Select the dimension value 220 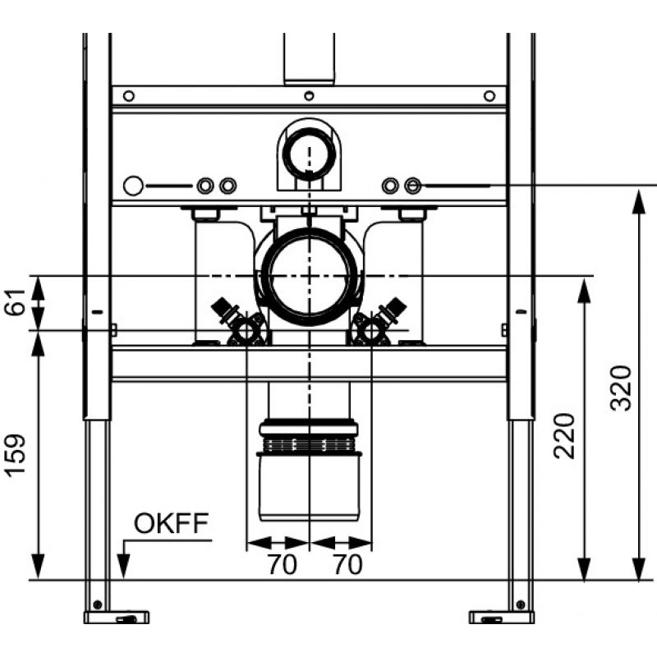(564, 436)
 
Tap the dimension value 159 (16, 457)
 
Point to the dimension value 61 (16, 302)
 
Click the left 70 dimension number (283, 564)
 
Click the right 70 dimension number (347, 564)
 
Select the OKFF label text (171, 523)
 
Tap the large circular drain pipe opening (310, 277)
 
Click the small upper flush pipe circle (309, 153)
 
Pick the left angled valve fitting (238, 322)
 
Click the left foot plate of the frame (117, 618)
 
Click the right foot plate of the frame (502, 618)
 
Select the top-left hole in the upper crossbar (129, 96)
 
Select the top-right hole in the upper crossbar (489, 96)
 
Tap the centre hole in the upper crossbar (309, 96)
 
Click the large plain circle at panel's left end (133, 186)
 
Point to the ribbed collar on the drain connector (309, 445)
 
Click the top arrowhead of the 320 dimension (639, 201)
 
